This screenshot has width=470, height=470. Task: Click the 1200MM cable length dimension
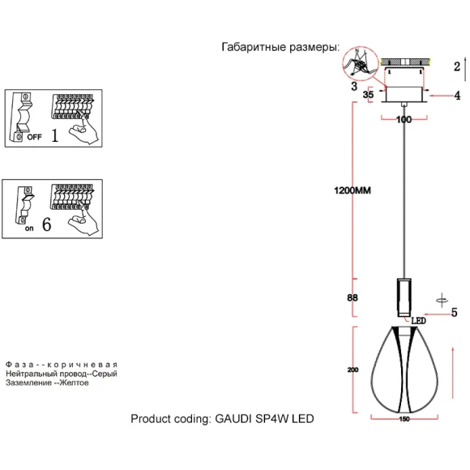(x=352, y=190)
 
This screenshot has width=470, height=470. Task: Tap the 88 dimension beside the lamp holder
(x=352, y=297)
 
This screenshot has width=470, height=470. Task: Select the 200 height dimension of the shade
(x=352, y=370)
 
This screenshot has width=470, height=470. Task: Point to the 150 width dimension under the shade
(x=404, y=419)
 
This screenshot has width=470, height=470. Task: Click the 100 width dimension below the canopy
(x=404, y=120)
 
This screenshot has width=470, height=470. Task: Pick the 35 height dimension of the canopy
(x=368, y=95)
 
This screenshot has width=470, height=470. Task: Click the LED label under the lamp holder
(x=418, y=321)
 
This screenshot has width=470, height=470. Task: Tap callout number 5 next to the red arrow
(x=455, y=312)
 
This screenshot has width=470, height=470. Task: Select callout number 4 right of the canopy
(x=457, y=96)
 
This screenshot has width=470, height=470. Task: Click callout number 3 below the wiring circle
(x=354, y=87)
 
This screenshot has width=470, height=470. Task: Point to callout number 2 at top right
(x=457, y=66)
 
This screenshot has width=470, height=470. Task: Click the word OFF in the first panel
(x=35, y=137)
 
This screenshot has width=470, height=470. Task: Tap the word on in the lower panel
(x=29, y=229)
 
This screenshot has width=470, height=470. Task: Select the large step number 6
(x=47, y=224)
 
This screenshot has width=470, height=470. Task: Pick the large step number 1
(x=55, y=135)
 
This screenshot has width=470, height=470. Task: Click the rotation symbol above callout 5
(x=442, y=300)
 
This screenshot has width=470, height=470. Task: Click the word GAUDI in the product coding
(x=233, y=418)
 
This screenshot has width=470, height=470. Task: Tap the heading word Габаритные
(x=254, y=47)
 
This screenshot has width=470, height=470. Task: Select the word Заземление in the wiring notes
(x=28, y=382)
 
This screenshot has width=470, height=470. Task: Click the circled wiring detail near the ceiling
(x=360, y=63)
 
